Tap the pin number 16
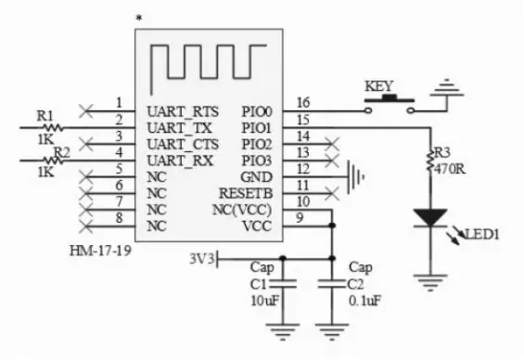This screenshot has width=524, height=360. pyautogui.click(x=301, y=101)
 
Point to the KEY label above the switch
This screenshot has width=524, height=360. pyautogui.click(x=379, y=86)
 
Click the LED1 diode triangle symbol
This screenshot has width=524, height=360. pyautogui.click(x=429, y=217)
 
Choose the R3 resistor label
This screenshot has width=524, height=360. pyautogui.click(x=442, y=152)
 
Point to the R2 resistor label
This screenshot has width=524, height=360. pyautogui.click(x=62, y=151)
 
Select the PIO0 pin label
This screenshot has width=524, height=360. pyautogui.click(x=255, y=110)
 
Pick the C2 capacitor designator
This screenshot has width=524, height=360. pyautogui.click(x=356, y=285)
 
